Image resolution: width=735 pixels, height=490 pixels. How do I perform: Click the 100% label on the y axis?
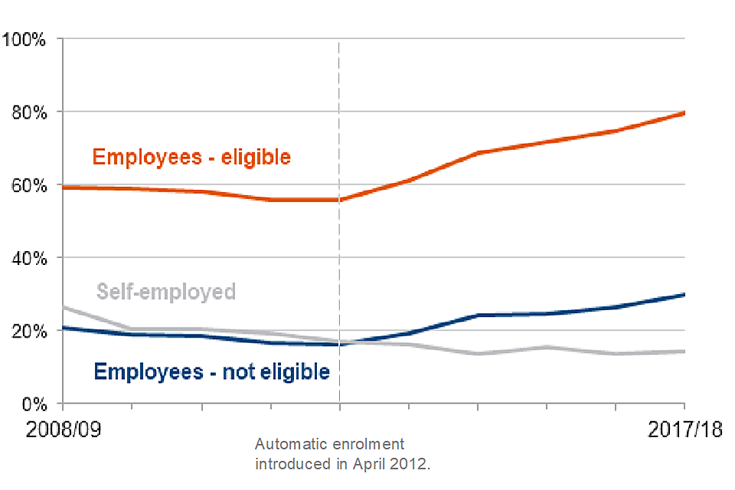(26, 39)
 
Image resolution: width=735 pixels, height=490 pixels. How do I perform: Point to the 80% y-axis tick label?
(30, 112)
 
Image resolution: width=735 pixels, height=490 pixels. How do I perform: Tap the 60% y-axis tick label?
(30, 185)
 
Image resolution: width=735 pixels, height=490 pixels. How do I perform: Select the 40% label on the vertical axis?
(30, 258)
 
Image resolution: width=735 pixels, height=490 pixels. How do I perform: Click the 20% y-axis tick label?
(30, 331)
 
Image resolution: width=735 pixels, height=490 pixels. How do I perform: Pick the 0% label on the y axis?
(34, 403)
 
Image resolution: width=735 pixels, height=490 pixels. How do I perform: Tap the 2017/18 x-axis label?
(684, 430)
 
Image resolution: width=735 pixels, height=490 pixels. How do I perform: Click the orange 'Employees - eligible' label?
(191, 157)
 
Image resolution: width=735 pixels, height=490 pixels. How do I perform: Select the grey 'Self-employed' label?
(166, 292)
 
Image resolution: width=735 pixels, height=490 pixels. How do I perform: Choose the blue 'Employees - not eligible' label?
(212, 372)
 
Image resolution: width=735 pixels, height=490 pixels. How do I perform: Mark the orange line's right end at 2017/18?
(684, 113)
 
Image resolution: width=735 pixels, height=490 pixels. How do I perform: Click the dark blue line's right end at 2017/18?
(684, 294)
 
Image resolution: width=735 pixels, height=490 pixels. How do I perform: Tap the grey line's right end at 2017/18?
(684, 351)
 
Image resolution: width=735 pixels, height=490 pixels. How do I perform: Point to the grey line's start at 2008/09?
(64, 307)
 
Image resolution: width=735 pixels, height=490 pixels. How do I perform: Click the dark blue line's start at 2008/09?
(64, 328)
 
